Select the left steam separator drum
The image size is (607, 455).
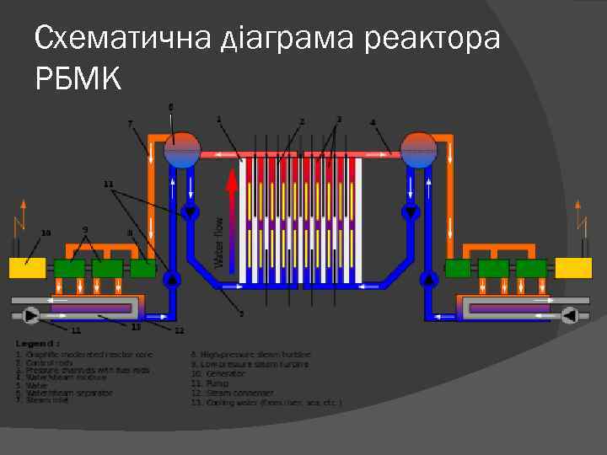click(182, 151)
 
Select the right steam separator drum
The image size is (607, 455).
click(418, 151)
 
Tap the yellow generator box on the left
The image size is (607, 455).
click(27, 268)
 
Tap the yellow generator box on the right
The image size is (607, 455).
click(574, 268)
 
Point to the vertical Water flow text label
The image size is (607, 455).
click(219, 243)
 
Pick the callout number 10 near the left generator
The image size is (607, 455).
click(46, 233)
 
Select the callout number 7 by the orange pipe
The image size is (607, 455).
click(130, 124)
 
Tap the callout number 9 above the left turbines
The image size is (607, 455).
click(85, 229)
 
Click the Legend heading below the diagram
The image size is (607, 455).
click(38, 344)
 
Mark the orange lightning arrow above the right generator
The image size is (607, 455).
click(578, 217)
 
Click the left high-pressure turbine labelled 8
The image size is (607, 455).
click(143, 269)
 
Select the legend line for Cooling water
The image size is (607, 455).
click(266, 404)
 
